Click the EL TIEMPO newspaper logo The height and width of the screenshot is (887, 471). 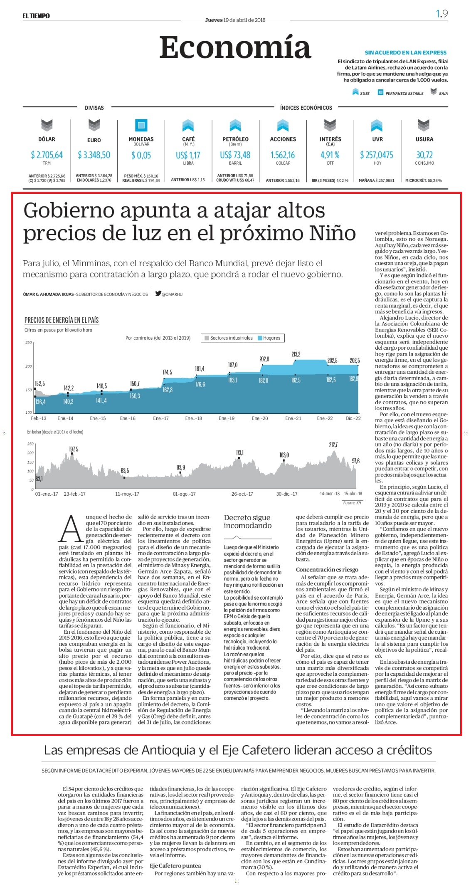tap(36, 16)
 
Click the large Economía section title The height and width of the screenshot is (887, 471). tap(235, 47)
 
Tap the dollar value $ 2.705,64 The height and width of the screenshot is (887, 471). tap(47, 155)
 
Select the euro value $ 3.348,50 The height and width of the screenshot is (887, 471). tap(94, 155)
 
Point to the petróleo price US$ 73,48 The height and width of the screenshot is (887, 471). tap(235, 155)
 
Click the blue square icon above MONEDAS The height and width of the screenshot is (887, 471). tap(141, 125)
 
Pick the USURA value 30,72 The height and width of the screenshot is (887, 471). tap(424, 155)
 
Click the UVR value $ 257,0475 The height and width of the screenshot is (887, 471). tap(377, 155)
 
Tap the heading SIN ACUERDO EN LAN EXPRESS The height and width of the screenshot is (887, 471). tap(406, 53)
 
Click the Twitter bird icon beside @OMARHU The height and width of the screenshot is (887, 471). tap(158, 293)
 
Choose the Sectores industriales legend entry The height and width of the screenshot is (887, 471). tap(229, 338)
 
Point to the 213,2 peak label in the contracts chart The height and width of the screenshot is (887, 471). tap(296, 354)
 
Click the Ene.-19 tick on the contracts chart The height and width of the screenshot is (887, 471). tap(227, 418)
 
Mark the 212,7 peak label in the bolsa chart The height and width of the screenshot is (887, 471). tap(333, 445)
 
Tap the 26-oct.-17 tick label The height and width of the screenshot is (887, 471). tap(242, 494)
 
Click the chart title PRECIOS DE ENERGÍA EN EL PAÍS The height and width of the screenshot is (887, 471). tap(62, 320)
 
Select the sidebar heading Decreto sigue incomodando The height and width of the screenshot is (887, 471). tap(247, 521)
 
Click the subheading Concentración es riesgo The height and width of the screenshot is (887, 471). tap(327, 570)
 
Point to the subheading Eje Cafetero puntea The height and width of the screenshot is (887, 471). tap(175, 865)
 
